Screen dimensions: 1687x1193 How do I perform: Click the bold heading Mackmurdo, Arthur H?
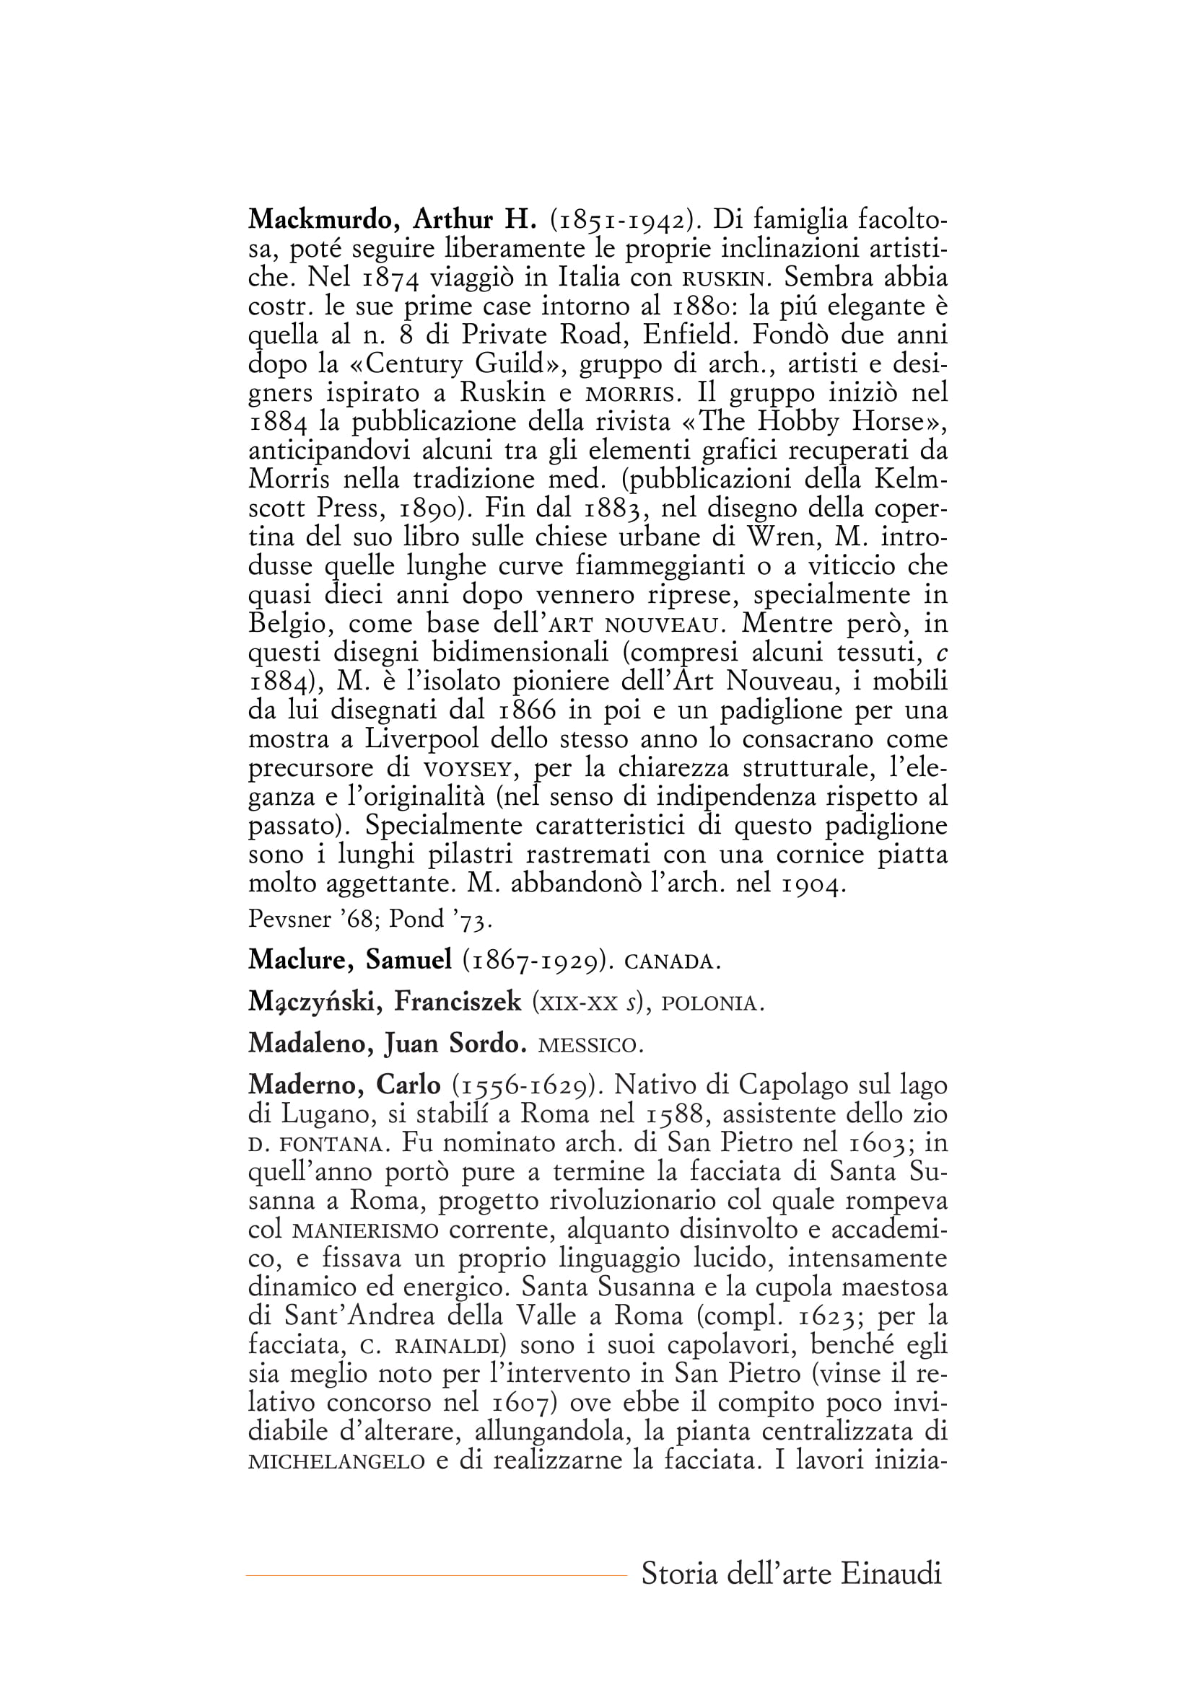[393, 219]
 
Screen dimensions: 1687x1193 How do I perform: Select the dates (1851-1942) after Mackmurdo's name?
[624, 219]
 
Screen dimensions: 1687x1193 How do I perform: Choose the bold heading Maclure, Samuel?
[350, 959]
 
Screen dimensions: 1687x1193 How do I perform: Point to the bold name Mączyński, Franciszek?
[385, 1002]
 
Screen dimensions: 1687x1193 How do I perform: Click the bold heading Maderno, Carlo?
[344, 1085]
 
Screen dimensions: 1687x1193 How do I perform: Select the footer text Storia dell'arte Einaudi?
[791, 1574]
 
